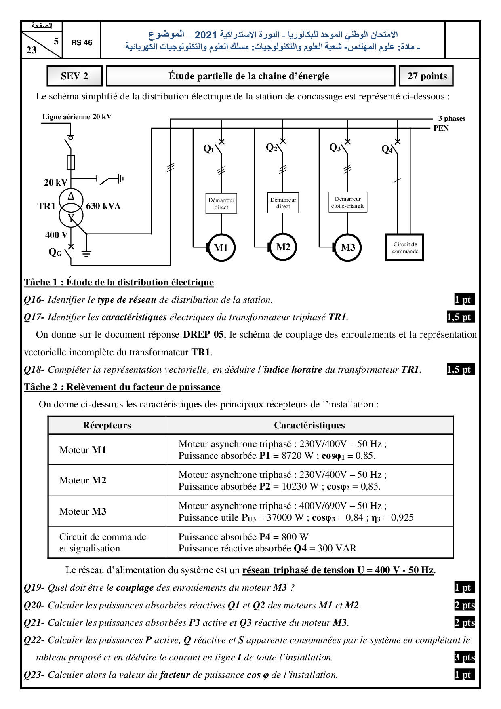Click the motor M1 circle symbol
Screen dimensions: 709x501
(221, 247)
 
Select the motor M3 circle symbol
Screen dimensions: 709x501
(348, 247)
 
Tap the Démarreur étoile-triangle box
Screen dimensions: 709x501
(347, 202)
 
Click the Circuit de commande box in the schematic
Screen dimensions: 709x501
(404, 247)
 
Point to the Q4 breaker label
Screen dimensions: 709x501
(387, 150)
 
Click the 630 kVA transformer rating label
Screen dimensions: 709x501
(103, 206)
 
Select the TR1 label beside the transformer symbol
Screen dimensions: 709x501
(46, 206)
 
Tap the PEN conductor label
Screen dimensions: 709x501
(441, 128)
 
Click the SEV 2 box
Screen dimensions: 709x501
(74, 76)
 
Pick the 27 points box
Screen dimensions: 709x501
(427, 76)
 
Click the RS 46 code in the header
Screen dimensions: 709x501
(82, 42)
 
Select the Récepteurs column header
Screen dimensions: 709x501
(107, 425)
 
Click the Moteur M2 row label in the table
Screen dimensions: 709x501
(83, 480)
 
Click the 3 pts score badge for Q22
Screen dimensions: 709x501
(464, 657)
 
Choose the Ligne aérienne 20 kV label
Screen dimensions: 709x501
(77, 117)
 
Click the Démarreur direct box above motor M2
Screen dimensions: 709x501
(283, 203)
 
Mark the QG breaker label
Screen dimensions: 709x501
(55, 253)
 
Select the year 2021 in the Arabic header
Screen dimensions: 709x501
(206, 35)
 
